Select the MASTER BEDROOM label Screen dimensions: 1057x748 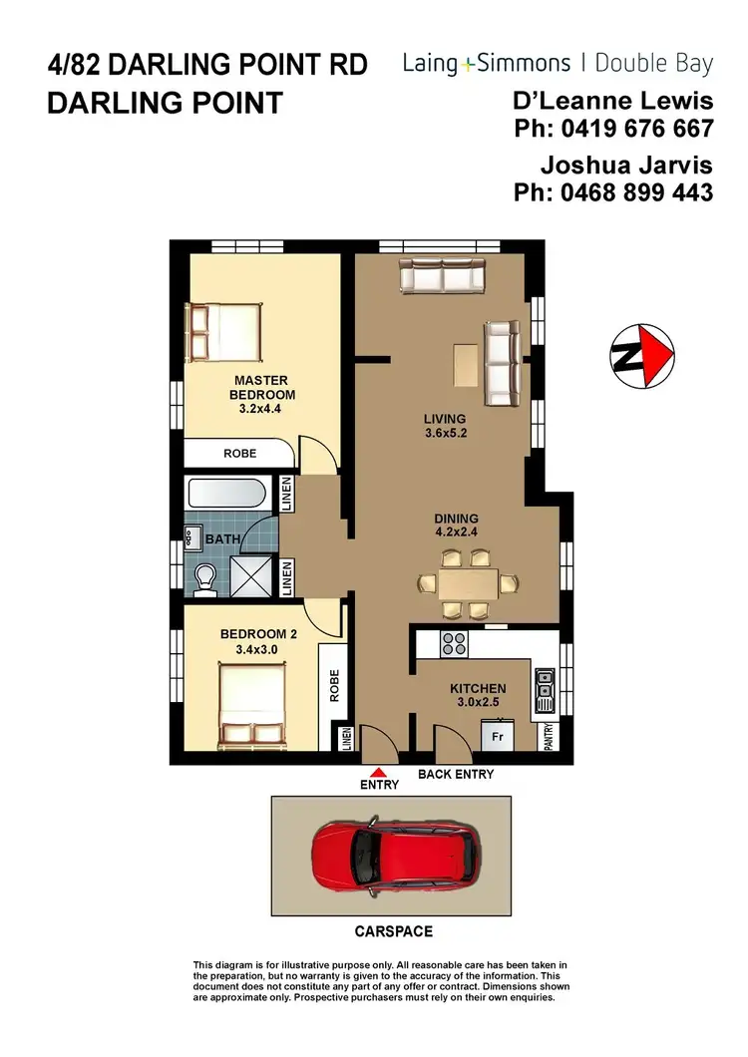(261, 387)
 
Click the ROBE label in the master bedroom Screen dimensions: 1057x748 (239, 454)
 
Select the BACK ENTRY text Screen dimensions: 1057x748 (456, 774)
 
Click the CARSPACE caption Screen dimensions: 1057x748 (395, 931)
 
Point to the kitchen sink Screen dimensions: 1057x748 (545, 689)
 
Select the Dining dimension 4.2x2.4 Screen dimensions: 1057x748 (456, 532)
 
